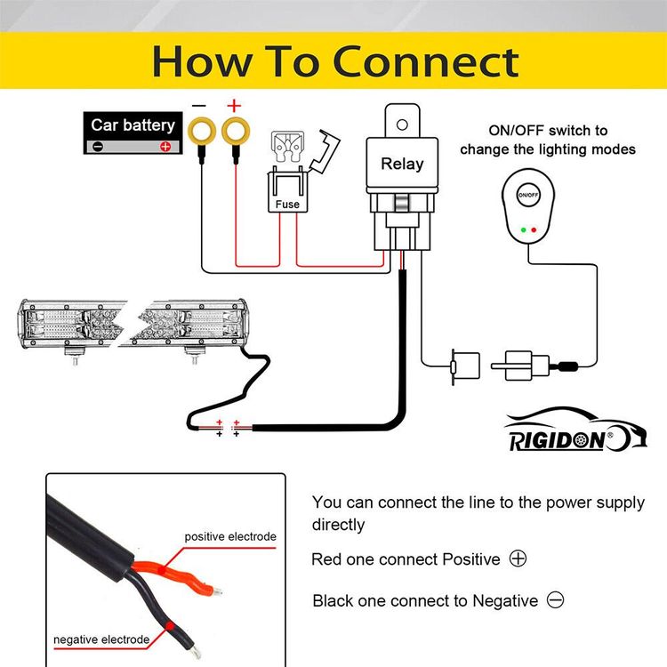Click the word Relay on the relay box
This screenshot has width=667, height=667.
click(x=402, y=164)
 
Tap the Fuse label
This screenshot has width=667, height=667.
click(x=287, y=204)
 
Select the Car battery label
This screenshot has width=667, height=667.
click(x=133, y=125)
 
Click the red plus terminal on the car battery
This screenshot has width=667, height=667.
click(x=165, y=147)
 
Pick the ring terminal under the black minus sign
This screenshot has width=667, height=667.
click(x=199, y=132)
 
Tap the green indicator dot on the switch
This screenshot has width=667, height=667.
click(x=520, y=229)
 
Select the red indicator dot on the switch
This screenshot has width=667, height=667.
click(x=533, y=229)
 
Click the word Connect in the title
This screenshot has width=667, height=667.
click(x=427, y=62)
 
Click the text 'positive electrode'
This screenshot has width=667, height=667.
click(x=230, y=536)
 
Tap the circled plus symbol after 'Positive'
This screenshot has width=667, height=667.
click(x=518, y=559)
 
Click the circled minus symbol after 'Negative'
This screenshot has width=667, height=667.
click(x=556, y=600)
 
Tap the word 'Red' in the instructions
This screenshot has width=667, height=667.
click(x=326, y=559)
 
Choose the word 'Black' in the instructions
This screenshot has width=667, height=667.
click(x=333, y=601)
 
